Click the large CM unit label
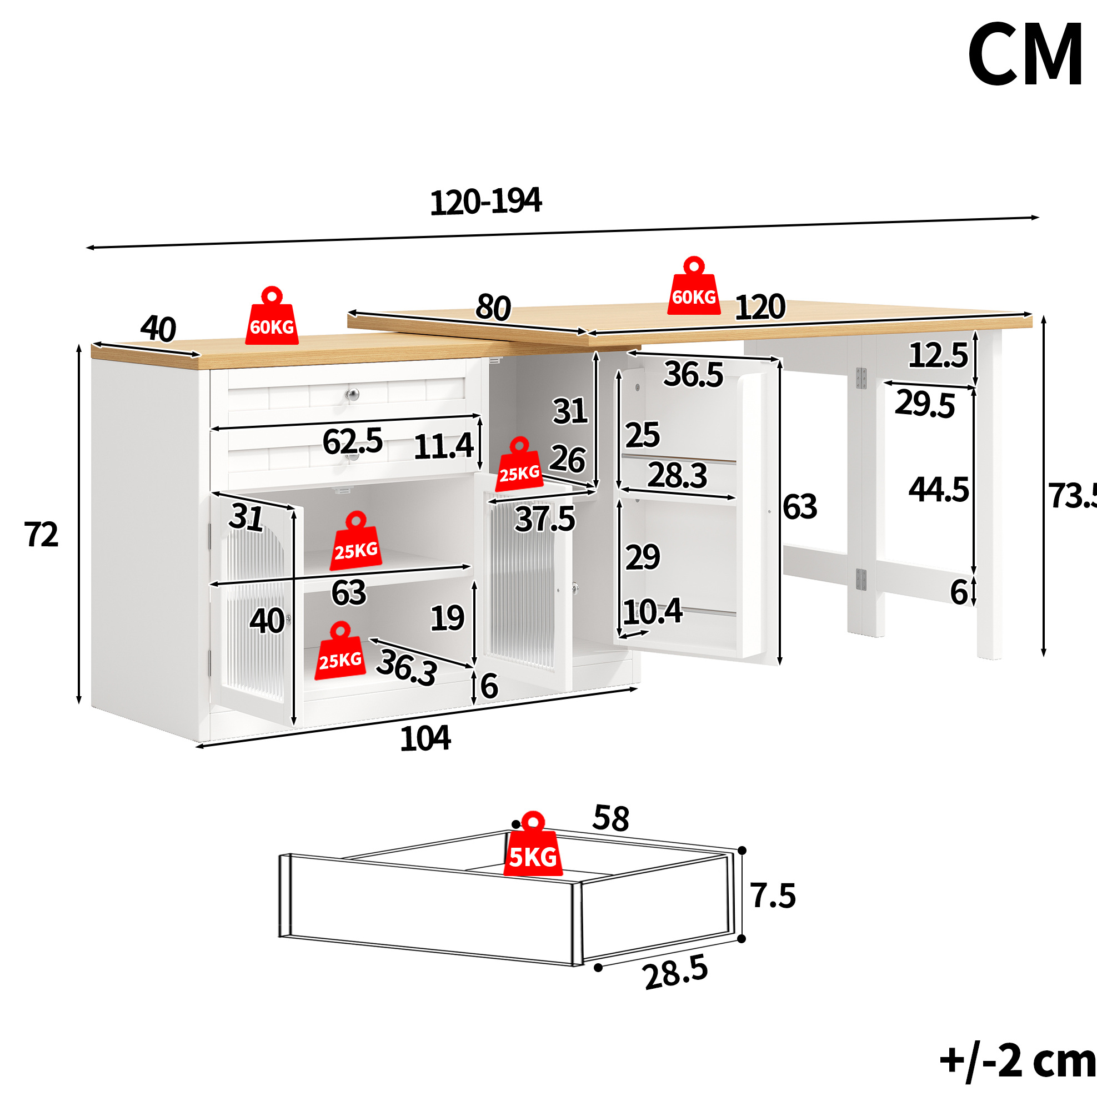(x=1025, y=54)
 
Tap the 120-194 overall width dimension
(x=485, y=202)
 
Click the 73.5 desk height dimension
(x=1073, y=496)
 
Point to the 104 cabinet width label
(x=425, y=738)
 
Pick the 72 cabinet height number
(x=41, y=535)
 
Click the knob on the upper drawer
(x=352, y=395)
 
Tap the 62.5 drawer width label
(x=353, y=442)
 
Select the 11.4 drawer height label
(x=444, y=446)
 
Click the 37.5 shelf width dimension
(x=544, y=519)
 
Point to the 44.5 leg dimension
(x=939, y=490)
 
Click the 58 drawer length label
(x=611, y=818)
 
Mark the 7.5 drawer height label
(x=773, y=895)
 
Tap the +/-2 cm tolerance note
(x=1018, y=1061)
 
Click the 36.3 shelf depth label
(x=407, y=667)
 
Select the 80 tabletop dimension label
(x=493, y=308)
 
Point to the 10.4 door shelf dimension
(x=653, y=611)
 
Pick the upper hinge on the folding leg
(x=861, y=378)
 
